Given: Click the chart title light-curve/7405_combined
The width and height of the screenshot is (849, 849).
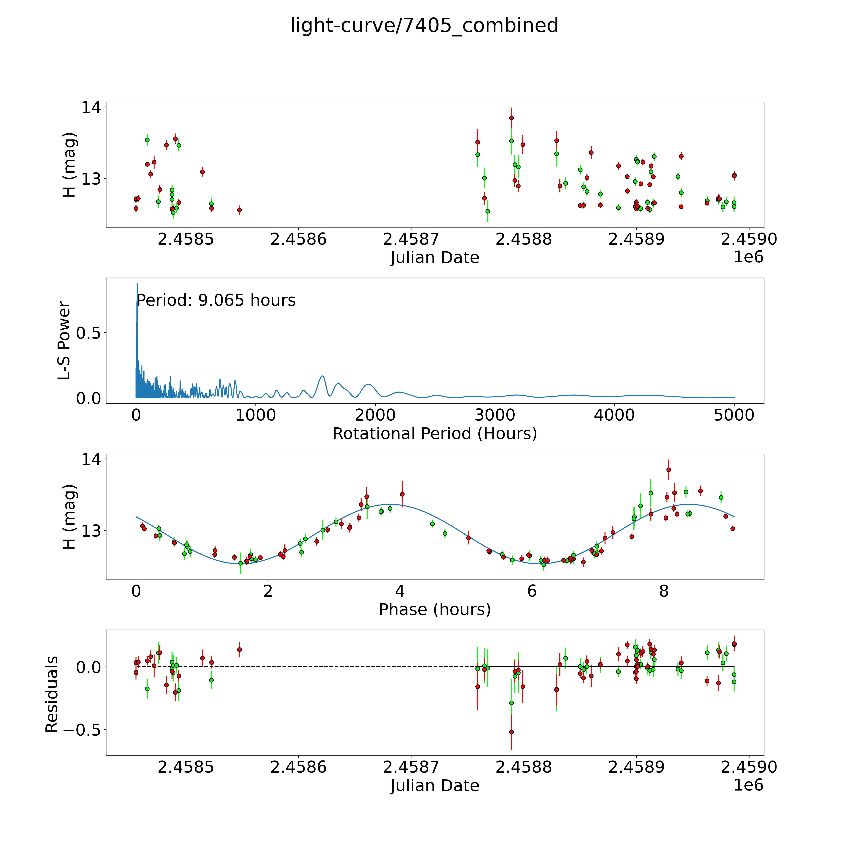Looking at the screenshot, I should click(x=424, y=25).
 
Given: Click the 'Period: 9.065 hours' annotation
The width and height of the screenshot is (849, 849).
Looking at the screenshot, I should click(x=216, y=301).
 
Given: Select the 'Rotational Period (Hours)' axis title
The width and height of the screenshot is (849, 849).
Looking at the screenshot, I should click(x=435, y=434).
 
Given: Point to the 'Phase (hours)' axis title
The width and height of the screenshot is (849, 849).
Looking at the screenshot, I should click(x=435, y=610).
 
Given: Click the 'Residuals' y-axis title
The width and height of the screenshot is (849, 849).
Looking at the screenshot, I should click(x=52, y=694).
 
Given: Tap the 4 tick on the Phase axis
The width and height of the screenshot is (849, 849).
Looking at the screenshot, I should click(x=400, y=591).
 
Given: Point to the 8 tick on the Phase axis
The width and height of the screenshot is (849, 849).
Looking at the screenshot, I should click(x=663, y=591).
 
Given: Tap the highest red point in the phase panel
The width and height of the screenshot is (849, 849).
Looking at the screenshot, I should click(x=668, y=470).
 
